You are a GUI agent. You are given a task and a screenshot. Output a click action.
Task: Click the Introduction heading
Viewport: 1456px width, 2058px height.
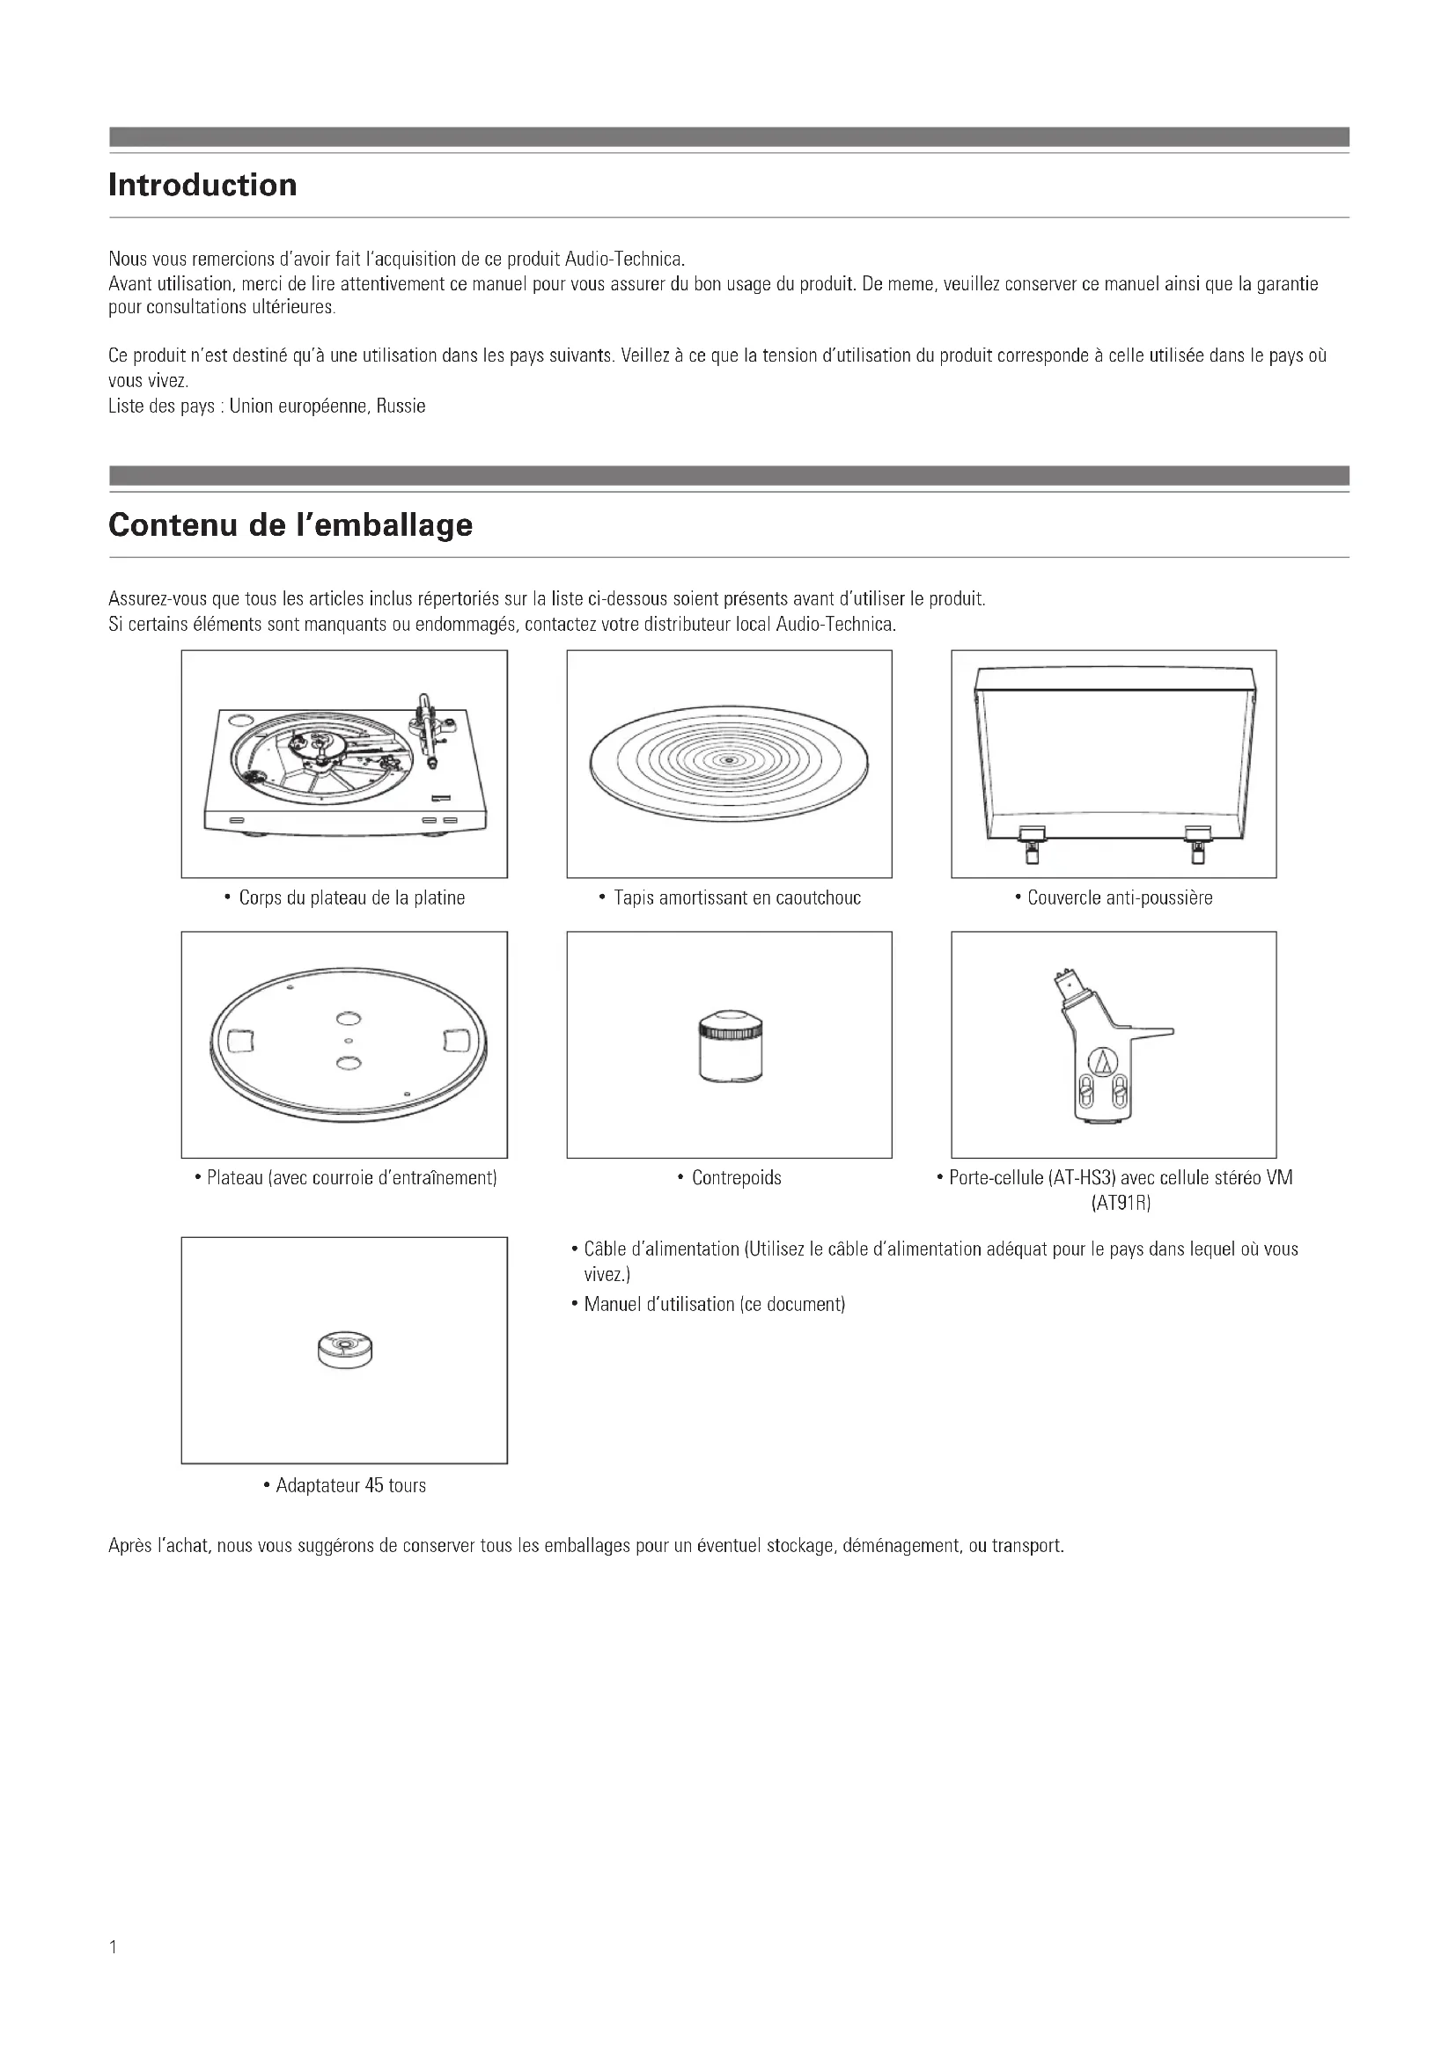(x=202, y=186)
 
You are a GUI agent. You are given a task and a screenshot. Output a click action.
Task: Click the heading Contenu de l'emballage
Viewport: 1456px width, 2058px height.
(x=290, y=525)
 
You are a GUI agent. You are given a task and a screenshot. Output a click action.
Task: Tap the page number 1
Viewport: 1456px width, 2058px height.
(x=113, y=1947)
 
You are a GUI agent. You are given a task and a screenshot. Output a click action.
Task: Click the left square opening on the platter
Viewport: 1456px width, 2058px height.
(x=241, y=1041)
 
